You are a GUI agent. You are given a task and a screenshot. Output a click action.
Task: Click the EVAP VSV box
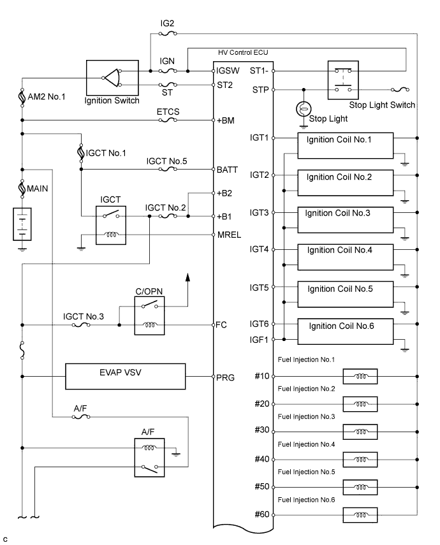coord(126,377)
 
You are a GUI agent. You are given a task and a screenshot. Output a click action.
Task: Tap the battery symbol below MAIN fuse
coord(23,223)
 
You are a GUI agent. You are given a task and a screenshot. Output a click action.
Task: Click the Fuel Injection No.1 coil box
coord(360,377)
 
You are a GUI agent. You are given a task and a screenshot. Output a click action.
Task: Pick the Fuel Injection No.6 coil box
coord(360,514)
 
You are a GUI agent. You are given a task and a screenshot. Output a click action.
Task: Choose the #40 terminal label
coord(261,459)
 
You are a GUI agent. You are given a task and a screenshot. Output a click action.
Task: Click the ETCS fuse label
coord(168,112)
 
